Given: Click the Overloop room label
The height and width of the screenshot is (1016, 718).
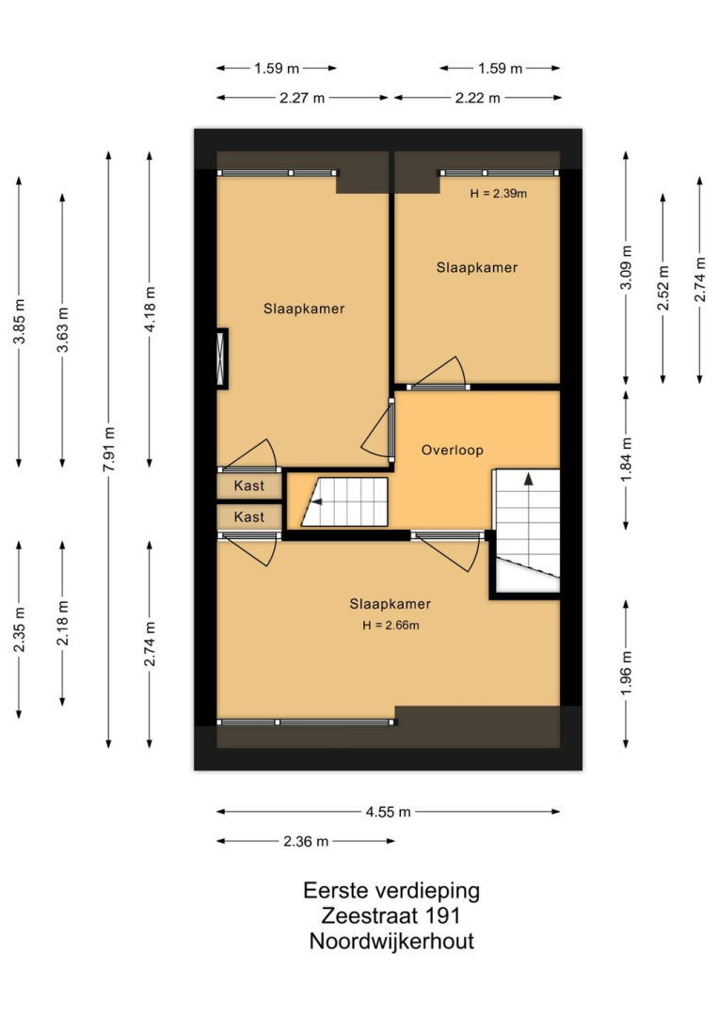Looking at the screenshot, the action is click(x=453, y=450).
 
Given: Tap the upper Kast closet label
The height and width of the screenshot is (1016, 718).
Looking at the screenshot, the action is click(x=249, y=486).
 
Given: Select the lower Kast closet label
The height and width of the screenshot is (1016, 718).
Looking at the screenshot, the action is click(x=249, y=517).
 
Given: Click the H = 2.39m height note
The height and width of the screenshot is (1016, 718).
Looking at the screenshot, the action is click(x=499, y=193).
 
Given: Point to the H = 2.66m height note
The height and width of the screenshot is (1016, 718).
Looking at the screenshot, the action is click(x=391, y=626).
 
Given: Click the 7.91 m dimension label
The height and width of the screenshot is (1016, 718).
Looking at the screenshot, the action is click(x=109, y=450).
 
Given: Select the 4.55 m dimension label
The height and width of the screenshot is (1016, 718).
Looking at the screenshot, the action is click(x=388, y=812).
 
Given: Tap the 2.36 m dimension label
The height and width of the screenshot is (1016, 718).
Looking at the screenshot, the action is click(x=306, y=842).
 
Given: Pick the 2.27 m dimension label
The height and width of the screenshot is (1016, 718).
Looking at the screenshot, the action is click(x=302, y=99).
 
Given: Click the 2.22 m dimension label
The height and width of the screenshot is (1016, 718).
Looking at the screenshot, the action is click(x=478, y=99).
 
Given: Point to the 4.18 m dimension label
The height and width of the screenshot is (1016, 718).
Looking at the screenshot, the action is click(x=150, y=310).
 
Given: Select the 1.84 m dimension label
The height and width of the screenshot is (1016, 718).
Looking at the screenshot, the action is click(x=626, y=460).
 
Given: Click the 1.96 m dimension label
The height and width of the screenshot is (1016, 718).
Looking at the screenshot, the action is click(x=626, y=674).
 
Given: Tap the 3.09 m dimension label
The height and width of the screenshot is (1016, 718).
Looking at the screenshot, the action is click(x=626, y=268).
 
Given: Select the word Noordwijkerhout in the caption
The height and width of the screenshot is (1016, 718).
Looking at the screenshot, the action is click(x=391, y=941).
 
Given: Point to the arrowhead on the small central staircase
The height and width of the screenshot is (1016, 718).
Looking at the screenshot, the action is click(x=316, y=500).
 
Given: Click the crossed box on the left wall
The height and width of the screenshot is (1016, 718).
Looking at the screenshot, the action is click(x=222, y=359).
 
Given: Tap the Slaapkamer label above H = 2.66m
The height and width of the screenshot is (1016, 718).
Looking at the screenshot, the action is click(x=391, y=604).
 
